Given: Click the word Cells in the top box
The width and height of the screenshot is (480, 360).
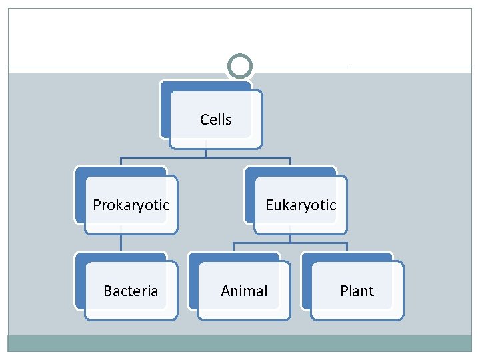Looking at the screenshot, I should click(216, 120).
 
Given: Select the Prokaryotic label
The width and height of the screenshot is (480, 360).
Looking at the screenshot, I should click(131, 205).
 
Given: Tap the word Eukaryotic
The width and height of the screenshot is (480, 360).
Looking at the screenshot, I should click(301, 205).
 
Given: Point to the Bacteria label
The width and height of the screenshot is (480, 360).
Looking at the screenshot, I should click(131, 291).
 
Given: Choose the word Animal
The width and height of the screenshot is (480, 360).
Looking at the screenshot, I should click(244, 291).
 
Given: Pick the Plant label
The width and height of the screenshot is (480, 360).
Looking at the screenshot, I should click(357, 291).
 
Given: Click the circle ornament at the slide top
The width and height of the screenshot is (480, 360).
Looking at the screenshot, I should click(240, 67).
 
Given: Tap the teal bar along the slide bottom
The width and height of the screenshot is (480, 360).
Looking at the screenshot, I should click(240, 343).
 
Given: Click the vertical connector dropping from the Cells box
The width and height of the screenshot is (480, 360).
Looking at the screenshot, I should click(205, 153).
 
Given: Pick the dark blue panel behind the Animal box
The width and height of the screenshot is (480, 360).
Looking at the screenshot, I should click(193, 280).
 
